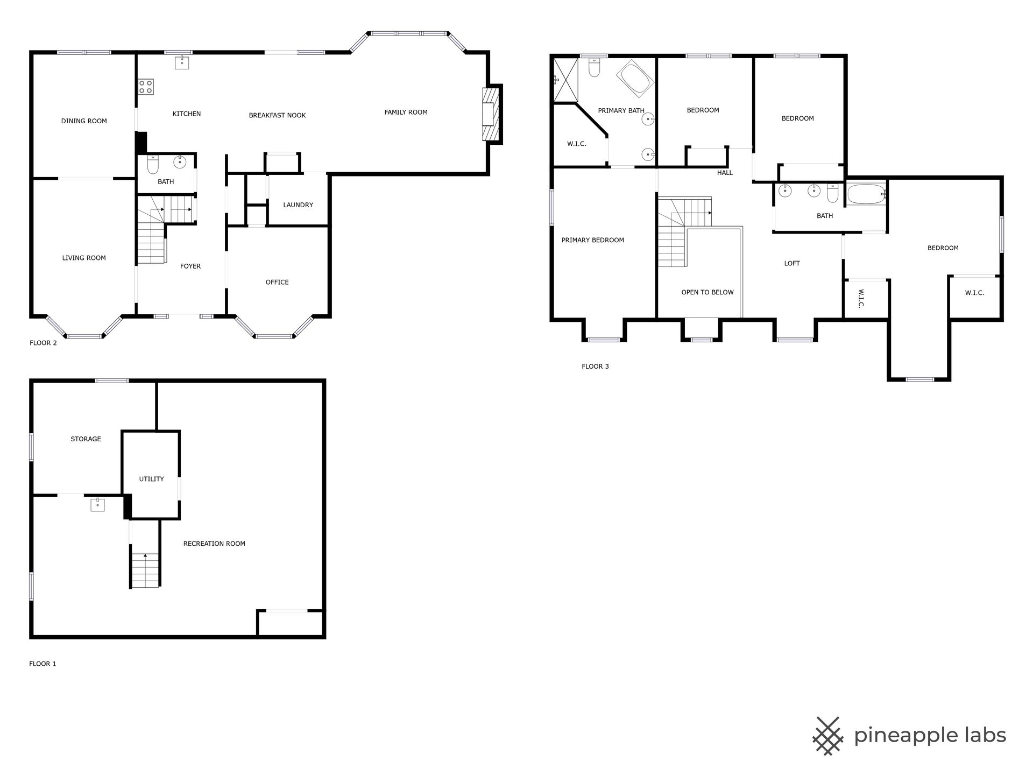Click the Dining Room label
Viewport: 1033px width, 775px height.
click(x=84, y=121)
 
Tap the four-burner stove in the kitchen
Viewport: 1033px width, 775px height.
click(x=146, y=87)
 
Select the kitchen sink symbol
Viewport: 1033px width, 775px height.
click(x=182, y=62)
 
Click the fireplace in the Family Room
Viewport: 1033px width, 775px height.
click(x=491, y=114)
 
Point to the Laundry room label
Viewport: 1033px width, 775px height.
click(x=298, y=205)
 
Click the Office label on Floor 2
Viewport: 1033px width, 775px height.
click(x=277, y=282)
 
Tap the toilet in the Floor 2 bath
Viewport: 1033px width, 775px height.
click(x=153, y=165)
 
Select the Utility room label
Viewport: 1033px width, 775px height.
click(x=151, y=479)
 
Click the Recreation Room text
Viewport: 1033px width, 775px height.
click(x=214, y=544)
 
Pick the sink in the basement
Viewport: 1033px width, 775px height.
click(x=97, y=504)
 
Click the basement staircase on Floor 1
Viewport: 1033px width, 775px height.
click(x=145, y=570)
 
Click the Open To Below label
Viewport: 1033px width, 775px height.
click(x=707, y=292)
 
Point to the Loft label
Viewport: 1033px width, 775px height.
click(x=792, y=263)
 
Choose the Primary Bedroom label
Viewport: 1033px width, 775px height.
click(x=593, y=240)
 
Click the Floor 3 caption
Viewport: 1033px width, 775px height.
click(x=595, y=367)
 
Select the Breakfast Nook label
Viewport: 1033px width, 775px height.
click(x=277, y=115)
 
